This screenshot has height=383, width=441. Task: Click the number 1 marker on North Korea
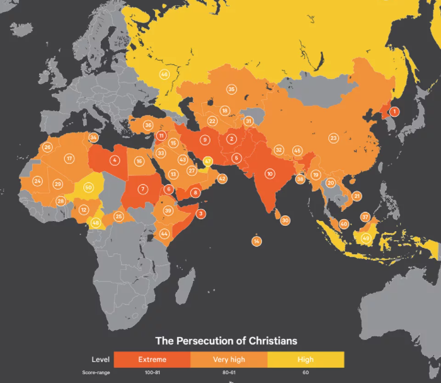[394, 112]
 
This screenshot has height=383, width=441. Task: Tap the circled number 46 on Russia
[164, 74]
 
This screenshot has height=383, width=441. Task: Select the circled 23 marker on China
[334, 138]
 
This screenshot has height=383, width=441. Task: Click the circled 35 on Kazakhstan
[232, 90]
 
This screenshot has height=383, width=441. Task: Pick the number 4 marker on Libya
[115, 160]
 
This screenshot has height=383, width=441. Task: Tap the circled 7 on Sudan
[143, 189]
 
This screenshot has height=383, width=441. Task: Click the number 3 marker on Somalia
[201, 213]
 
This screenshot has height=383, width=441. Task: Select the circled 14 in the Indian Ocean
[256, 241]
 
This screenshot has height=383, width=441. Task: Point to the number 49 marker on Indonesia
[365, 238]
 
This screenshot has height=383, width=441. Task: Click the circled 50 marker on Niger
[88, 187]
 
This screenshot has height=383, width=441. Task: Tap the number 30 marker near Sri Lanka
[285, 220]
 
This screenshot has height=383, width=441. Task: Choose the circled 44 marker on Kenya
[164, 233]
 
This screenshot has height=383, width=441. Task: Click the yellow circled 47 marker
[207, 161]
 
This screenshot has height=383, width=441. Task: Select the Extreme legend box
[152, 360]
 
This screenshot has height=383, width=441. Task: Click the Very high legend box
[229, 360]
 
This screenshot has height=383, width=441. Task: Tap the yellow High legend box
[306, 360]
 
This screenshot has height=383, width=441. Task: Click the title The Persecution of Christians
[226, 341]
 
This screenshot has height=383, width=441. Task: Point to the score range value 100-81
[152, 373]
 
